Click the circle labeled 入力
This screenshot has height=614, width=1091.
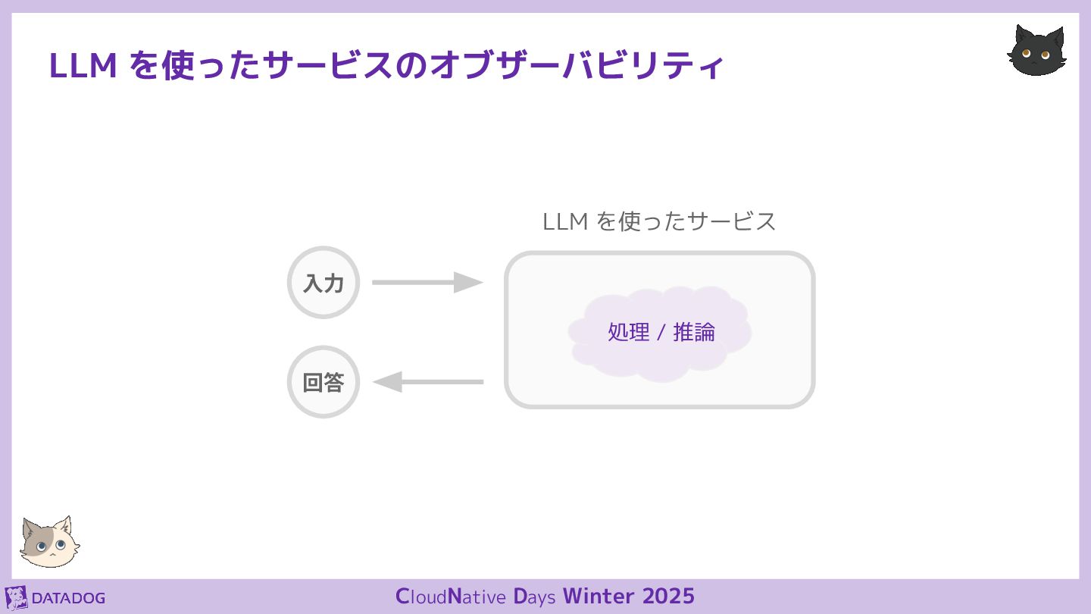(x=324, y=283)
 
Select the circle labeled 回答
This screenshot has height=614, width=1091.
(x=324, y=382)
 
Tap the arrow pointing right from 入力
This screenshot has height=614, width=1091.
(x=427, y=283)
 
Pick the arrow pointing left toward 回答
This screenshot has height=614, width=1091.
(x=427, y=382)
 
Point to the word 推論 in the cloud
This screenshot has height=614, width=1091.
(x=694, y=332)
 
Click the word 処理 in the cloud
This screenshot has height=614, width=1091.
(x=629, y=332)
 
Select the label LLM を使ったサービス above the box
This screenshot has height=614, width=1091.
(x=659, y=221)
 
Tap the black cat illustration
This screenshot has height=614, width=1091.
(x=1037, y=52)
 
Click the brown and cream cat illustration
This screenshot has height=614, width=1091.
(x=49, y=543)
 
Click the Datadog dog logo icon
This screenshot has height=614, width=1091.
(x=16, y=597)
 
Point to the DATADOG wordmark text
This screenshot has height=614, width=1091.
(x=68, y=598)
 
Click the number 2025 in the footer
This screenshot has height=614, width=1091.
(x=668, y=596)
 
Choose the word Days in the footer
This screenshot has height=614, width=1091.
(x=535, y=596)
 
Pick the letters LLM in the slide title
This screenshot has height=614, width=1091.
(x=83, y=66)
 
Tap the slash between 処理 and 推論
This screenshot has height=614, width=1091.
(x=661, y=332)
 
